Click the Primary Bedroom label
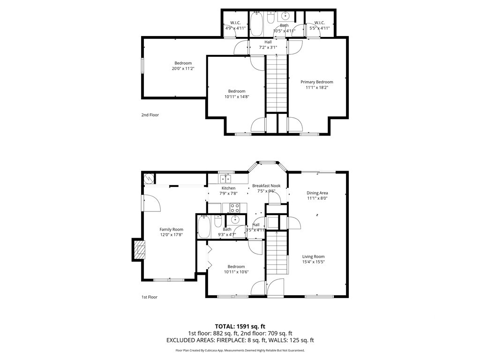tap(316, 82)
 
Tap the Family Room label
tap(172, 229)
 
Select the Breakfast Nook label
tap(266, 186)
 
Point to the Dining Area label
tap(317, 193)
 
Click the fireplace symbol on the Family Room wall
tap(140, 250)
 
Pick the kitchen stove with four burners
tap(235, 208)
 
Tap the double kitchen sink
tap(225, 179)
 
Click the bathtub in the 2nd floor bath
tap(256, 24)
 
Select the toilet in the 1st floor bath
tap(218, 221)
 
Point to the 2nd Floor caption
tap(150, 115)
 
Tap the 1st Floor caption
tap(150, 297)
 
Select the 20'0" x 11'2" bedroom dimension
tap(183, 68)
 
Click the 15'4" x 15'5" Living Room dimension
tap(314, 262)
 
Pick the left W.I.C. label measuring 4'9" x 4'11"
tap(235, 22)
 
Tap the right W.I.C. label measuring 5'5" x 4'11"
tap(319, 22)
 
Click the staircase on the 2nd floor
tap(277, 83)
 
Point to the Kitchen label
tap(229, 188)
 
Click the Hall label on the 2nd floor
tap(268, 42)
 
